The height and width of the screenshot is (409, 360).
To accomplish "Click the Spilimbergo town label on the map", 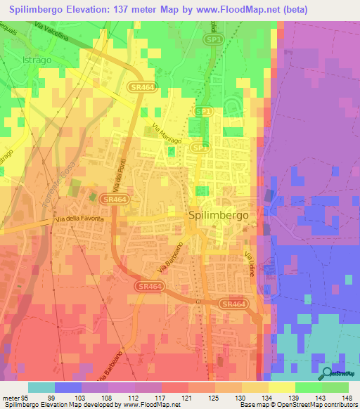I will coord(217,216).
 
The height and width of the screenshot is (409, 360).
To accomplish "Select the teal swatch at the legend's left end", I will coord(41,387).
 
